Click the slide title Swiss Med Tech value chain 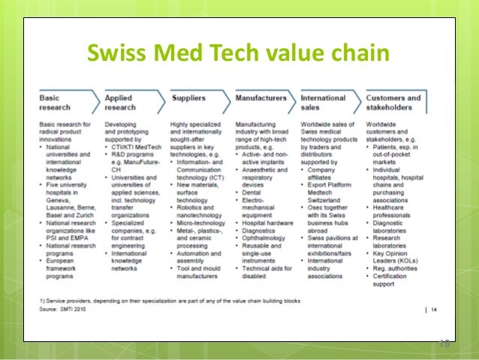(239, 54)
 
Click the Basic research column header (56, 102)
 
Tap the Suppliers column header (188, 98)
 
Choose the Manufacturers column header (261, 98)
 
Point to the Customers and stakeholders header (393, 102)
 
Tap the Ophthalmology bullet (263, 238)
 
